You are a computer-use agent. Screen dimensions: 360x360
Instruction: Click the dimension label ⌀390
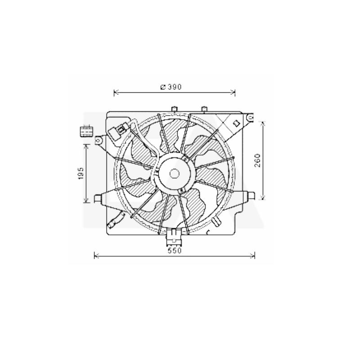pos(171,87)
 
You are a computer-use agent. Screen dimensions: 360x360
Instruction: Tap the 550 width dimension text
pos(175,251)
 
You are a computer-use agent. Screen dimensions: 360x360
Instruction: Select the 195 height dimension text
pos(81,173)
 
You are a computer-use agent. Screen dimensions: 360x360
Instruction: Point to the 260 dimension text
pos(257,161)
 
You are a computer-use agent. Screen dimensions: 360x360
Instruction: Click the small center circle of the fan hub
pos(174,174)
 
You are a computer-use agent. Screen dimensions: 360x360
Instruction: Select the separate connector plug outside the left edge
pos(86,131)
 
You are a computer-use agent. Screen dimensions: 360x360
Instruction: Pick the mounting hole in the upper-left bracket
pos(98,140)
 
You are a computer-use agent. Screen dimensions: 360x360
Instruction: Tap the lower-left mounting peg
pos(98,198)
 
